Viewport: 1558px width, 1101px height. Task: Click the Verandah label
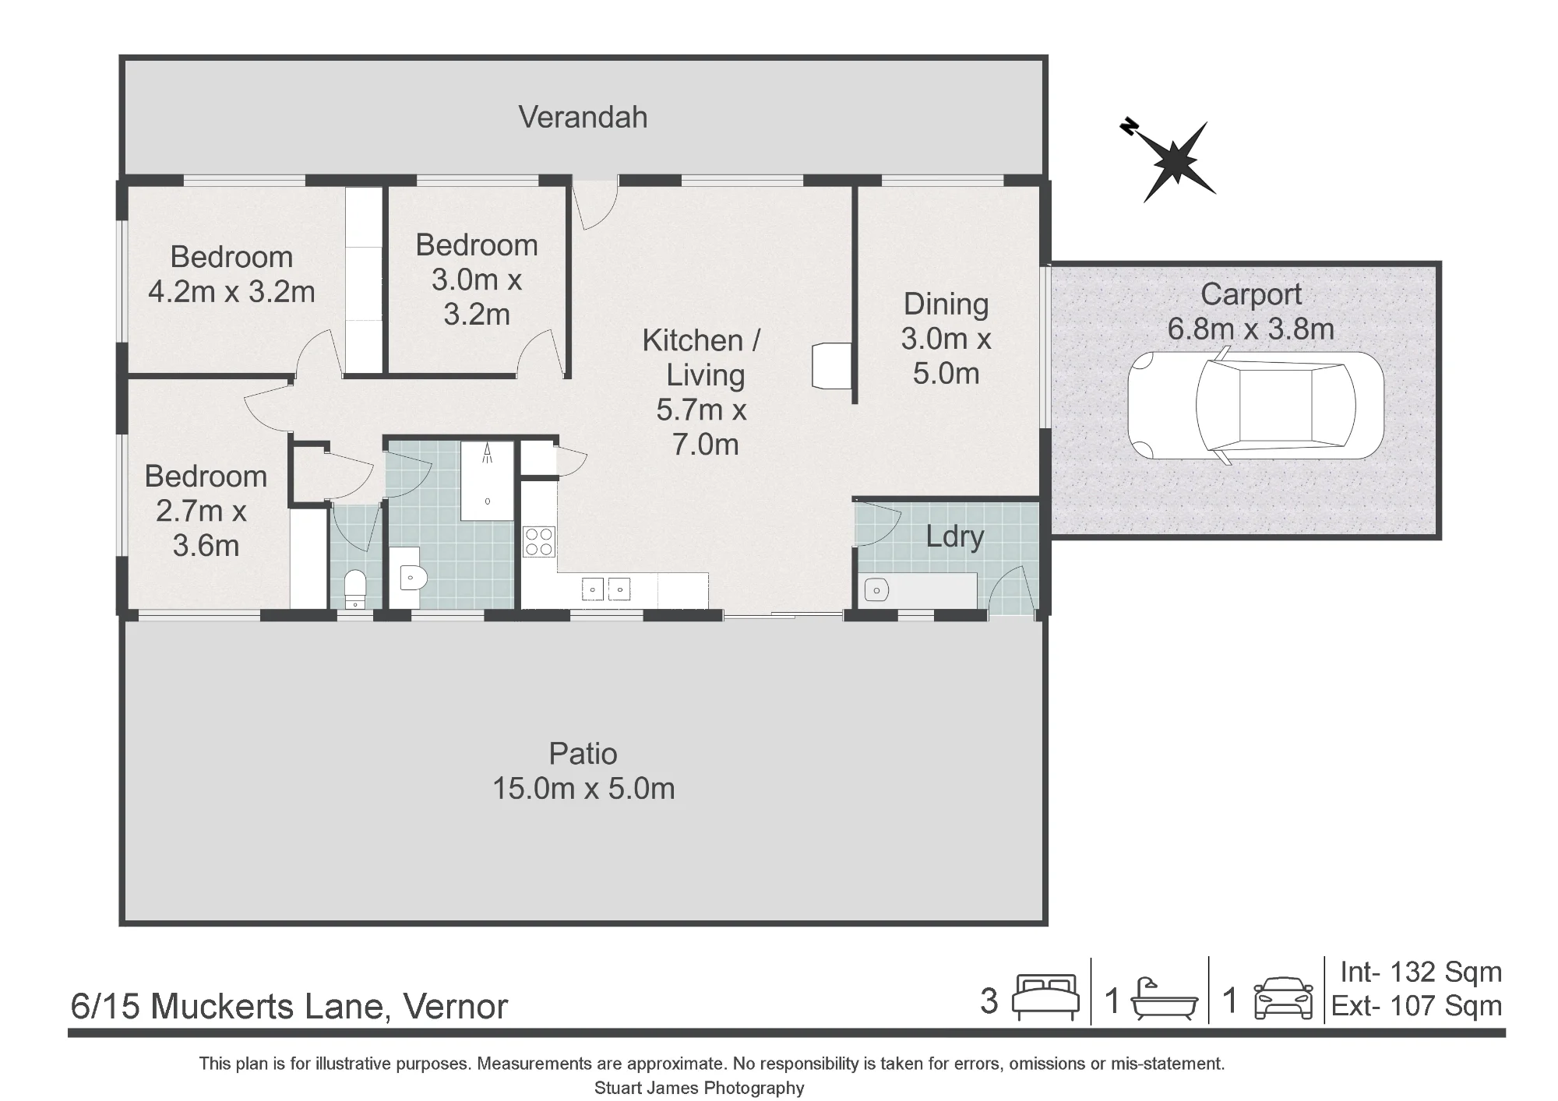(583, 118)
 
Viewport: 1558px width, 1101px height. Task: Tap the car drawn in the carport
(1256, 405)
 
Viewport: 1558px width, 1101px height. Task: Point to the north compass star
(1172, 160)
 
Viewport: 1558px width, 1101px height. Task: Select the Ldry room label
(954, 537)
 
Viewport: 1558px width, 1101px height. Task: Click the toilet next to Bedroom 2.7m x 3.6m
(355, 589)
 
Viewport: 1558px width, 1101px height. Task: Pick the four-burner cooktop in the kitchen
(538, 542)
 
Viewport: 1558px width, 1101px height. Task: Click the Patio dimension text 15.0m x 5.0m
(583, 789)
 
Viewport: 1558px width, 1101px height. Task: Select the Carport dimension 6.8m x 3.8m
(1250, 329)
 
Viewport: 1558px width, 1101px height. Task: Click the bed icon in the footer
(1045, 997)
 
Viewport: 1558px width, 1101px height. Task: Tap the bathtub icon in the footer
(1164, 998)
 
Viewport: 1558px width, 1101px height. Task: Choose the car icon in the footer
(1283, 998)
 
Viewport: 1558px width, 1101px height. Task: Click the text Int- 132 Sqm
(1421, 972)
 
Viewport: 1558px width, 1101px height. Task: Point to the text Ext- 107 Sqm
(1417, 1006)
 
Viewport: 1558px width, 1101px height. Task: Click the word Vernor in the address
(456, 1007)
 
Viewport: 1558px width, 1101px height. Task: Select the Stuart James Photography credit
(700, 1088)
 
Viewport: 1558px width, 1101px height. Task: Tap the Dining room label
(946, 304)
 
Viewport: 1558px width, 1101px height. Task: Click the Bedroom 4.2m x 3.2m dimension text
(231, 292)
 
